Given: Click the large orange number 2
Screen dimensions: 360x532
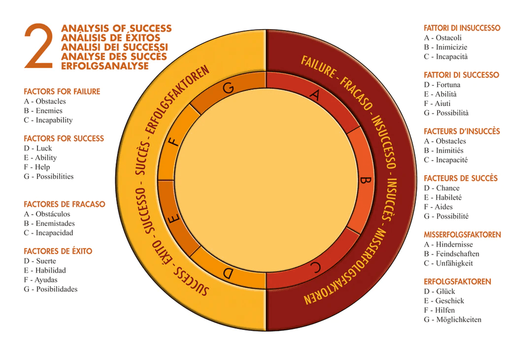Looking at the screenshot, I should pos(38,47).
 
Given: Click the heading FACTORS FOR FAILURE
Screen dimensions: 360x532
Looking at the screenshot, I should pos(62,92).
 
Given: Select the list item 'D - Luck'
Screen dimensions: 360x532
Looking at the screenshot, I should pos(38,148).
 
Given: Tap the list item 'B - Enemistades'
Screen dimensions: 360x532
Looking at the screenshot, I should pos(49,223).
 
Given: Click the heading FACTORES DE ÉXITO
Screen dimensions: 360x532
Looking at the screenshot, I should pos(58,251).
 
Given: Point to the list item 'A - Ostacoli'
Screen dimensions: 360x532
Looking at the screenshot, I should pos(442,38).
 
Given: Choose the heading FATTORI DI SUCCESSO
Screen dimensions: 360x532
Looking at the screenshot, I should pos(461,75).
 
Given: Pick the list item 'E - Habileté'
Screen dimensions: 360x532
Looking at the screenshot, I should pos(443,197).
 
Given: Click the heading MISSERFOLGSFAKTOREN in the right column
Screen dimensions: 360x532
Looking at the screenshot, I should pos(462,235).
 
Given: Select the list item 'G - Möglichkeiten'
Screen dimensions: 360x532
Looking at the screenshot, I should pos(453,319).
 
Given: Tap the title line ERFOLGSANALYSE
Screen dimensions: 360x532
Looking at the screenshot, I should pos(105,66).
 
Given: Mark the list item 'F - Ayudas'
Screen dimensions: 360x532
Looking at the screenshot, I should pos(40,279).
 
